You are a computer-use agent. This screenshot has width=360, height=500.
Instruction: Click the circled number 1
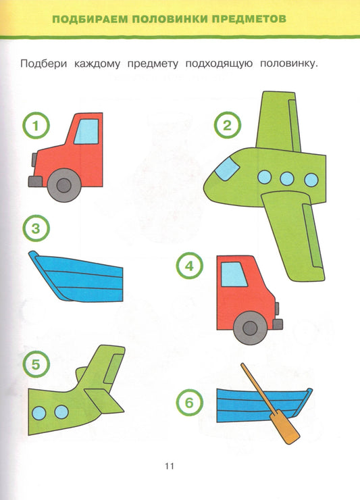(x=36, y=125)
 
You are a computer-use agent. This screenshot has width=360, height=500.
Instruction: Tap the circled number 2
(x=227, y=125)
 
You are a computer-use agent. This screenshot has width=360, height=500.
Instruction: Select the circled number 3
(x=36, y=228)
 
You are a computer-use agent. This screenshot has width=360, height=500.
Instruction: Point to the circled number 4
(x=189, y=266)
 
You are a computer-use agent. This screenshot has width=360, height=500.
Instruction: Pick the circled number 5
(x=36, y=364)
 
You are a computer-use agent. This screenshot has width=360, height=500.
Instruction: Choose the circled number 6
(x=189, y=403)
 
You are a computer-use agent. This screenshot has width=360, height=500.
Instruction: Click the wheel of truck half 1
(x=63, y=185)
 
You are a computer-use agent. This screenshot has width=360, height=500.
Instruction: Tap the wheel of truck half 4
(x=250, y=328)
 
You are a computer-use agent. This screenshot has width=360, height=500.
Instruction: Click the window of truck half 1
(x=86, y=132)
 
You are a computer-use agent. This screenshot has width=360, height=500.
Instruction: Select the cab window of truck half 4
(x=234, y=274)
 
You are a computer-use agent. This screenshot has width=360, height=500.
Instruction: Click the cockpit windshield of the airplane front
(x=227, y=169)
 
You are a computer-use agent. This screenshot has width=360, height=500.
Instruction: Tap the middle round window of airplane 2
(x=287, y=178)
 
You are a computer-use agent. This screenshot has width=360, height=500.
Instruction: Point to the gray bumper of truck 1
(x=34, y=182)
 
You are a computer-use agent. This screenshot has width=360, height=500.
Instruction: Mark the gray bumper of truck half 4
(x=278, y=324)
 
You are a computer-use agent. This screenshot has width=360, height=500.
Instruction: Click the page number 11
(x=170, y=466)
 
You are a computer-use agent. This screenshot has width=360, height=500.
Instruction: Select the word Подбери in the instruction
(x=44, y=64)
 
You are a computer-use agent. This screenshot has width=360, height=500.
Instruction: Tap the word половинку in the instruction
(x=289, y=64)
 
